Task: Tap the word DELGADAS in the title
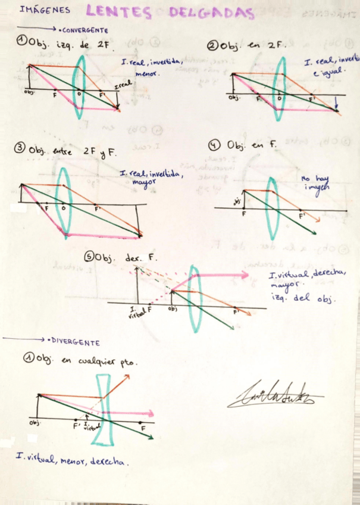point(211,13)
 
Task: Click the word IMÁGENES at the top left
point(44,10)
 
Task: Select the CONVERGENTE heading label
point(85,30)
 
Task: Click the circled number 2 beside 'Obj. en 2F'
point(212,45)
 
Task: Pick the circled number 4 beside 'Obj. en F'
point(215,145)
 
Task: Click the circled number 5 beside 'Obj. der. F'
point(89,257)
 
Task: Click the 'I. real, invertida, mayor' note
point(152,177)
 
